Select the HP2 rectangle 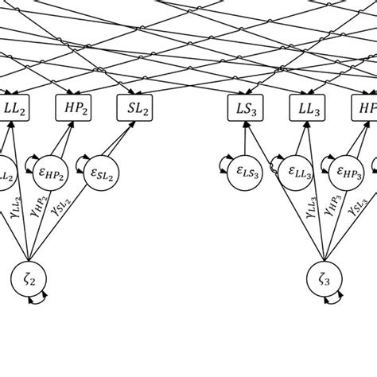pyautogui.click(x=75, y=107)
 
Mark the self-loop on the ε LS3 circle pyautogui.click(x=227, y=169)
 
